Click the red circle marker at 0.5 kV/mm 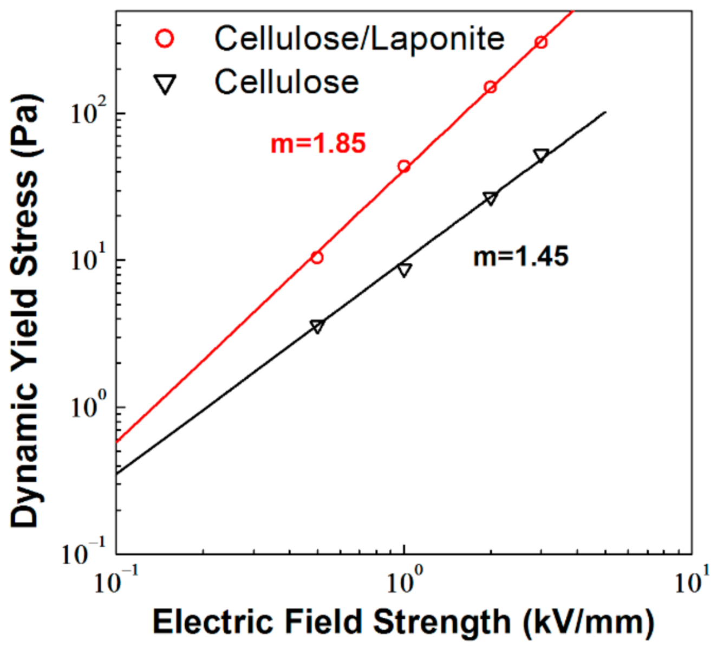tap(317, 257)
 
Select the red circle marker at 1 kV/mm tap(403, 166)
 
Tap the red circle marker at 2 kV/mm tap(490, 87)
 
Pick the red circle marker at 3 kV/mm tap(540, 42)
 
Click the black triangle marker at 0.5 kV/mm tap(317, 326)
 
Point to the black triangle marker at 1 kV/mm tap(404, 269)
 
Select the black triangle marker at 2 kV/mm tap(490, 198)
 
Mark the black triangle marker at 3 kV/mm tap(541, 156)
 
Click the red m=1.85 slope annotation tap(318, 144)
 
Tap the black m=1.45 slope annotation tap(520, 256)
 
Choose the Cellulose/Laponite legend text tap(359, 39)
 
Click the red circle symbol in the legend tap(165, 39)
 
